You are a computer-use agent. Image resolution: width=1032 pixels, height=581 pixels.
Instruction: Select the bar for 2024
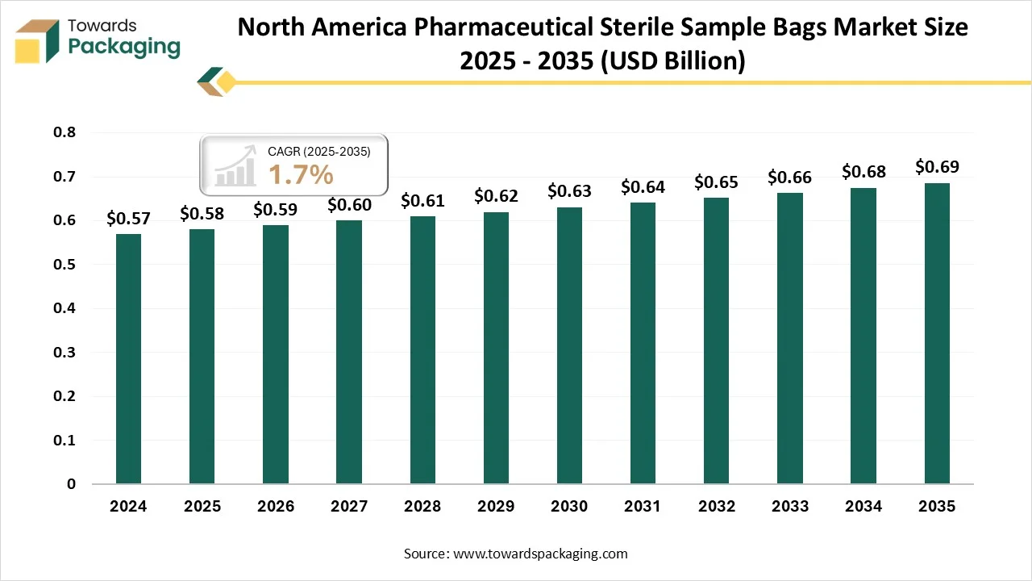(128, 359)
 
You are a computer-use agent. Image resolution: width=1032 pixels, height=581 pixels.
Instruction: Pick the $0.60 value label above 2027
(349, 205)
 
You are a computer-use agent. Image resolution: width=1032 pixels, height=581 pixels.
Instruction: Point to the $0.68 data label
(863, 171)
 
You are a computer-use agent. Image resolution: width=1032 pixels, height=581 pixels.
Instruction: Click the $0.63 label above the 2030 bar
(569, 191)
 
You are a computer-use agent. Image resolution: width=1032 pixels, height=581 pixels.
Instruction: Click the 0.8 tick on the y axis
(65, 132)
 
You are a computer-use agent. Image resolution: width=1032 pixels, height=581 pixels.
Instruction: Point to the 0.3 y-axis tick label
(65, 353)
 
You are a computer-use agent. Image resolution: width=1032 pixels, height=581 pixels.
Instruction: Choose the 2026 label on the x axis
(276, 507)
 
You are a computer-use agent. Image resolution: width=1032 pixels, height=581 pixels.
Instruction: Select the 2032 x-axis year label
(717, 507)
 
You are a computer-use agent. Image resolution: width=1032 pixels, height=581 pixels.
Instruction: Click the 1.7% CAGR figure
(300, 173)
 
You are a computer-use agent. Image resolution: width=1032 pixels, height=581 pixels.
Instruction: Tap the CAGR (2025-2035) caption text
(318, 151)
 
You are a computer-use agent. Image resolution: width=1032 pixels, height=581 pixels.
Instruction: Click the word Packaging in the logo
(124, 47)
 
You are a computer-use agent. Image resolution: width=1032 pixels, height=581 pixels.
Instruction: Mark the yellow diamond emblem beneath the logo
(225, 82)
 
